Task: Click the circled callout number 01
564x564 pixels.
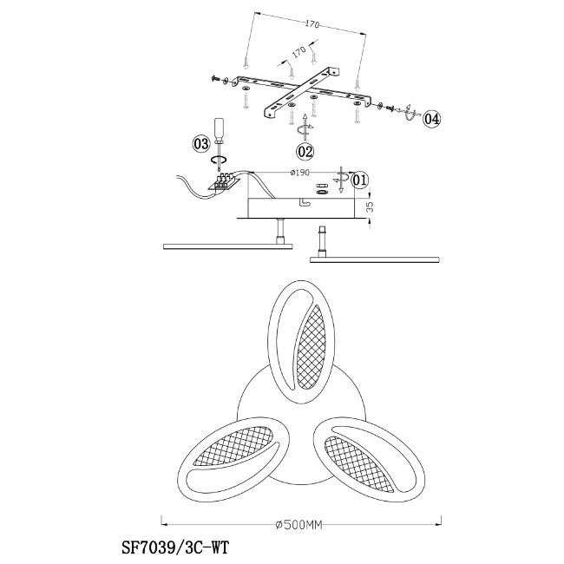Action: pos(360,180)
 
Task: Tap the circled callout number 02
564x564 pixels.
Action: pos(305,152)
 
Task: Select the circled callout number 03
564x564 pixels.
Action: pos(200,144)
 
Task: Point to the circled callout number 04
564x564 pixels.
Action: pos(431,119)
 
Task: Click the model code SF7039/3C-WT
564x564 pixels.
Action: pos(175,549)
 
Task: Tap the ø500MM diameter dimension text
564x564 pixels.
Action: pos(298,525)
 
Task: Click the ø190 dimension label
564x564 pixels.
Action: pos(299,173)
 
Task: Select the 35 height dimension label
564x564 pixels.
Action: pos(370,207)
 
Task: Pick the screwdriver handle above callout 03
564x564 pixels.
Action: pos(220,128)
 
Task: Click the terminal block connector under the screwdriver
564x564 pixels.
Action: pos(223,181)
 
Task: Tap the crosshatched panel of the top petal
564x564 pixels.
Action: pos(311,347)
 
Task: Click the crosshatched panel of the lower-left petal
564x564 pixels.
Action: pos(233,445)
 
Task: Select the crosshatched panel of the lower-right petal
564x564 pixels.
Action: pos(360,464)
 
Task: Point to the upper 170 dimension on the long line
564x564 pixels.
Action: pos(312,24)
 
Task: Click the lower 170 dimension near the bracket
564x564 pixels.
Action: pos(298,52)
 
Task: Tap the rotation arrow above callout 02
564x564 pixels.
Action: pos(305,128)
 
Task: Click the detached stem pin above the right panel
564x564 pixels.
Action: pos(322,241)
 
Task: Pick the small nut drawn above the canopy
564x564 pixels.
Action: pos(322,192)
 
